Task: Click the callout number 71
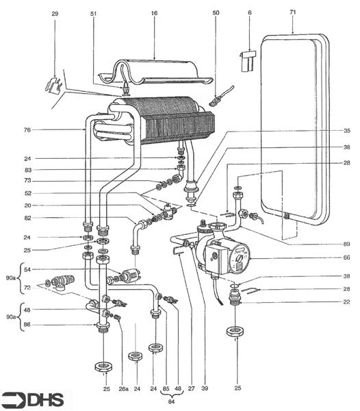click(293, 12)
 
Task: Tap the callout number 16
click(153, 12)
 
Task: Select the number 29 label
click(55, 12)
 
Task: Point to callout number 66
click(346, 258)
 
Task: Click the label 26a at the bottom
click(123, 389)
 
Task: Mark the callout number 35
click(346, 131)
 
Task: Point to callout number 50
click(216, 12)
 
